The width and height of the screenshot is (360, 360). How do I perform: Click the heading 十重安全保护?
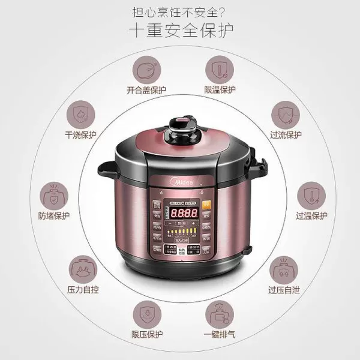pos(180,30)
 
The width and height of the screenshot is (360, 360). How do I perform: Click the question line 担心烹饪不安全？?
pos(180,11)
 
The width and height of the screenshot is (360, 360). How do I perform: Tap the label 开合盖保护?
pos(146,90)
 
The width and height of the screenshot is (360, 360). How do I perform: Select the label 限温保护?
pos(220,90)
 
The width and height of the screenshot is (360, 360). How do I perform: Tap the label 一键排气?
pos(220,335)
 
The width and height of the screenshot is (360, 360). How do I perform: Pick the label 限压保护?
pos(146,335)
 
